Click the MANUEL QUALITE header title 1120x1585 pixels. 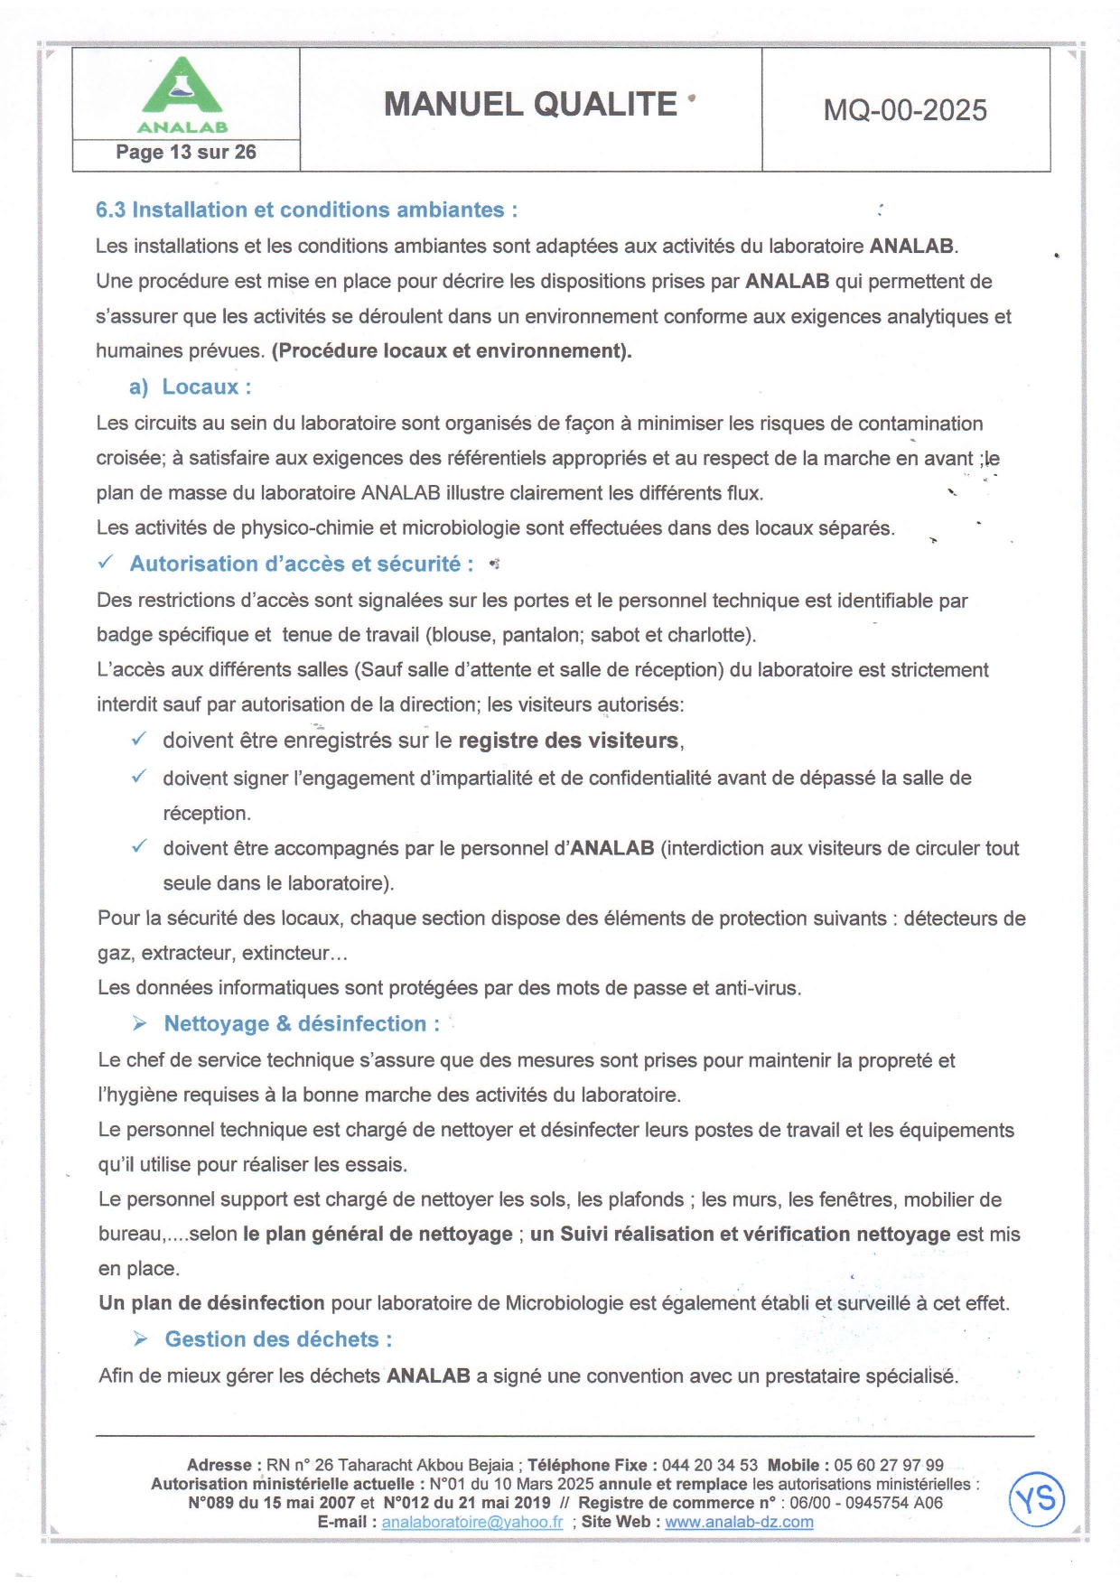click(530, 105)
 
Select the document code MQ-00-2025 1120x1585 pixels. click(905, 110)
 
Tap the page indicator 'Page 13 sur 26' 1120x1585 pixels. click(186, 153)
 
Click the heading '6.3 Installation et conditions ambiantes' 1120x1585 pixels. click(306, 210)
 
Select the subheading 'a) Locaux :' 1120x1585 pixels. click(191, 387)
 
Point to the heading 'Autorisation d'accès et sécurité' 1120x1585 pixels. click(302, 564)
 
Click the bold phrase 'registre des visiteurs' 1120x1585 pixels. click(568, 741)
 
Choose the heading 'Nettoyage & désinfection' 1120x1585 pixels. click(302, 1024)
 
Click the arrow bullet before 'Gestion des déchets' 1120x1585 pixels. click(141, 1338)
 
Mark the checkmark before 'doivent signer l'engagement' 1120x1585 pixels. click(139, 777)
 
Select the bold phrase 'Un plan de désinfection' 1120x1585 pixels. click(211, 1303)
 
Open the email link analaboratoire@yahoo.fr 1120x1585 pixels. click(471, 1522)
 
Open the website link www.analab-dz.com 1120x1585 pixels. click(739, 1522)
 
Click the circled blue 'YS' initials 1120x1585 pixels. click(1037, 1500)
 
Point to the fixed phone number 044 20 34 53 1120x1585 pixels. click(710, 1465)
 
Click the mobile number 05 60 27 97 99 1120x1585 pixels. click(889, 1465)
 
